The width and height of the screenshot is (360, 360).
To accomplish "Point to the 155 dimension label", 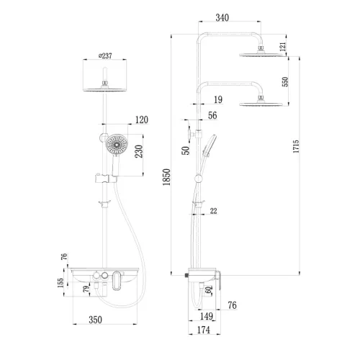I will click(x=60, y=284).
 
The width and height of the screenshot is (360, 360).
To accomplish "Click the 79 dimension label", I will click(x=86, y=290).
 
